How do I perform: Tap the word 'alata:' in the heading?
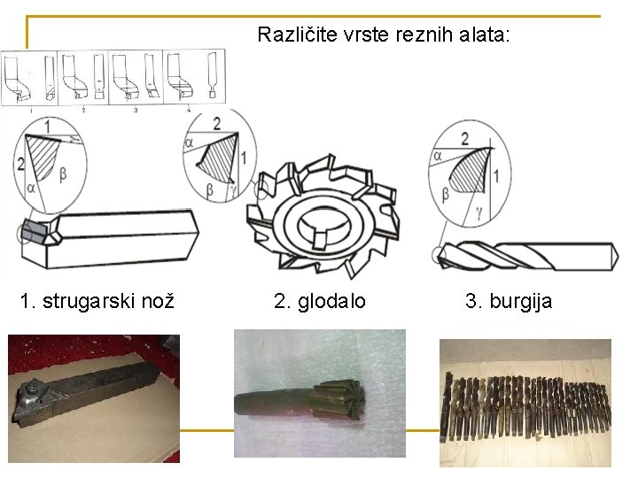(x=486, y=35)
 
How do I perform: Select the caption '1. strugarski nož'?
(x=96, y=302)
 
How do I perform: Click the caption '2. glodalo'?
(x=320, y=302)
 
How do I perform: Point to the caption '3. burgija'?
(x=509, y=302)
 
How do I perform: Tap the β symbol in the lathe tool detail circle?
(x=62, y=175)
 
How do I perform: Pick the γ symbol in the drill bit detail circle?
(x=478, y=213)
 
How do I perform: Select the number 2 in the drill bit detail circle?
(x=464, y=139)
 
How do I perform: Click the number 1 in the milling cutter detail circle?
(x=244, y=158)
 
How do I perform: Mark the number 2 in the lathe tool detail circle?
(x=20, y=164)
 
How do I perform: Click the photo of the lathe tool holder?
(x=93, y=397)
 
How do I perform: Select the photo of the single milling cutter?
(x=319, y=393)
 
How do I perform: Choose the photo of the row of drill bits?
(x=525, y=402)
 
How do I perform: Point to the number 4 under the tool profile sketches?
(x=189, y=111)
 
